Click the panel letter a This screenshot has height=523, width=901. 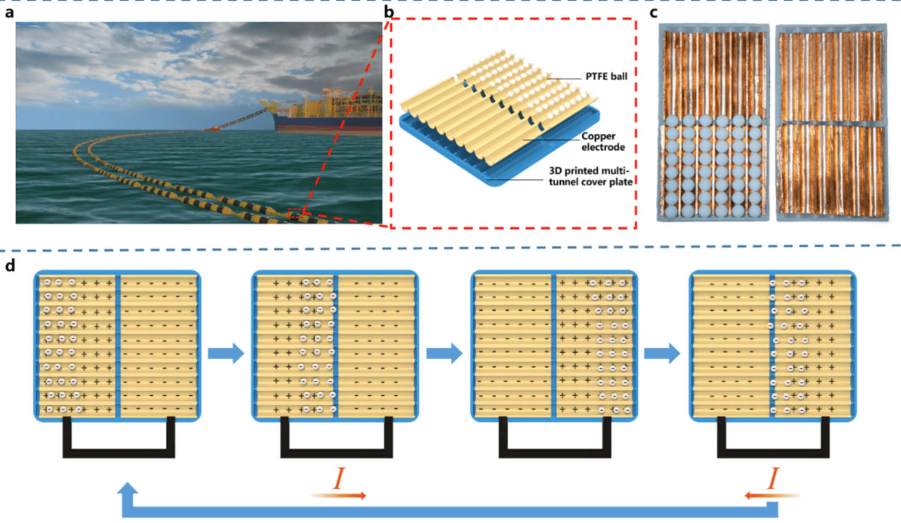9,12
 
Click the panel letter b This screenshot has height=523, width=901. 389,12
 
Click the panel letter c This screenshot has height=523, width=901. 654,12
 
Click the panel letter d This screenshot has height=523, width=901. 10,265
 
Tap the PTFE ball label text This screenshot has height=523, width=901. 606,76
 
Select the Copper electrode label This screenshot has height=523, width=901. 601,142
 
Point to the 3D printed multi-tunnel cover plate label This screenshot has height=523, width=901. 590,176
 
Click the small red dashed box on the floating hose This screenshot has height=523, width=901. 296,213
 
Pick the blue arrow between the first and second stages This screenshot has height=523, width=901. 226,353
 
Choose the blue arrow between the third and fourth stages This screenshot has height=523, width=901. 662,353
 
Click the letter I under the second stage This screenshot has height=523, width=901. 339,479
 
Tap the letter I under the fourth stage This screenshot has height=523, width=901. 773,479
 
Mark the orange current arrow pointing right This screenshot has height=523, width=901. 339,495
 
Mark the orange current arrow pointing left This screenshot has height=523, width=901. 772,495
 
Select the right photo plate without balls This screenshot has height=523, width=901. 831,122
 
